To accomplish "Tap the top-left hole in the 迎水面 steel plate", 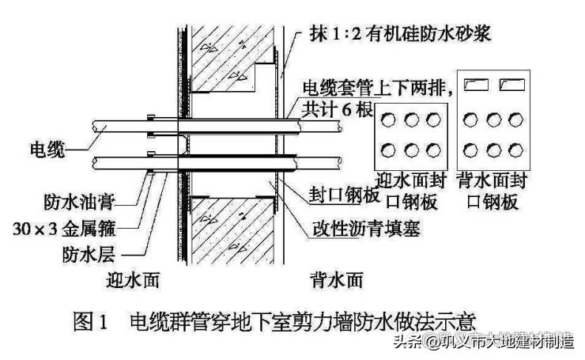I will (x=389, y=120).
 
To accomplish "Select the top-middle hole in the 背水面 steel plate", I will (x=495, y=120).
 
